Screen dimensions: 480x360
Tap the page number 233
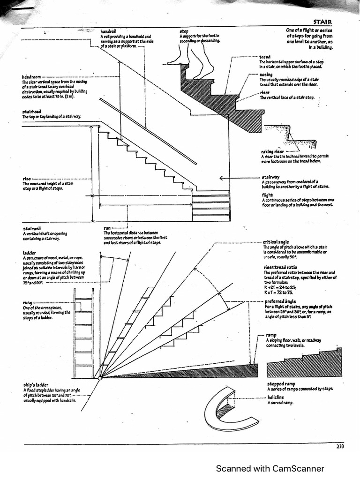[340, 446]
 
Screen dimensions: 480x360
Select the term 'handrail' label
[108, 31]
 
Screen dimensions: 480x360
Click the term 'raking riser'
[272, 151]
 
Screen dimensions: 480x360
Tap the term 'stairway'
[270, 177]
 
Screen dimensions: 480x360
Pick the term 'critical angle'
[276, 242]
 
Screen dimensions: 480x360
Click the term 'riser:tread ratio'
[280, 267]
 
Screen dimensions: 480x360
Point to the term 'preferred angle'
[280, 301]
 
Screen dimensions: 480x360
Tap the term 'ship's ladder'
[36, 385]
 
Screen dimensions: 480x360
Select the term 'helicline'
[275, 397]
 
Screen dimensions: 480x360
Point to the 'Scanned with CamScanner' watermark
[270, 468]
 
